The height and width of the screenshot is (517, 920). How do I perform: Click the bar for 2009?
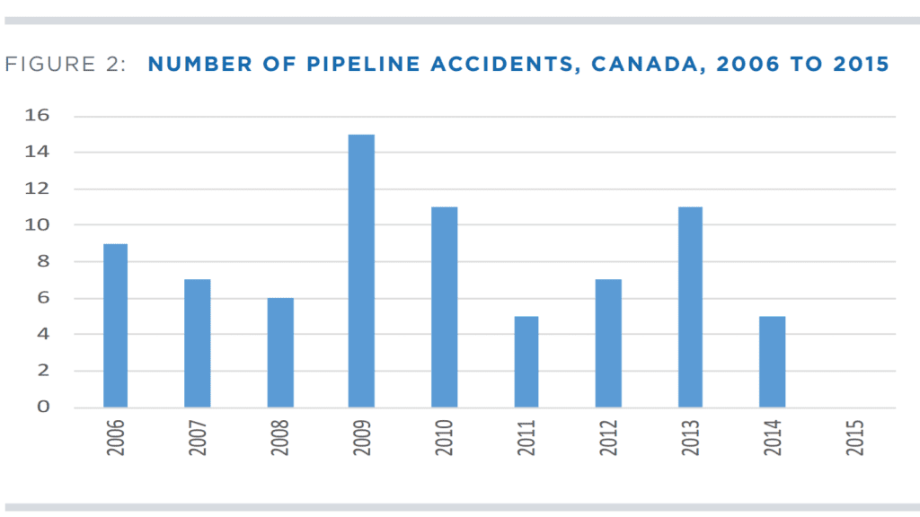tap(362, 270)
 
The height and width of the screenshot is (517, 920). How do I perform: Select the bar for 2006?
tap(115, 325)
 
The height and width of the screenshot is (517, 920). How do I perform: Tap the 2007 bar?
tap(198, 343)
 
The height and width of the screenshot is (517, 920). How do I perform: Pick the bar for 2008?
tap(280, 352)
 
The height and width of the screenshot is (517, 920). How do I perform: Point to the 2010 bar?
tap(445, 307)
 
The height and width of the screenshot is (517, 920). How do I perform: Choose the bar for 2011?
tap(526, 361)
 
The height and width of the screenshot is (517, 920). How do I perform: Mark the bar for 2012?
tap(608, 343)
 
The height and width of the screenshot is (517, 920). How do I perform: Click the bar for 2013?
tap(690, 307)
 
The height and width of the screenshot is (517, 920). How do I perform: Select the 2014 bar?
tap(772, 361)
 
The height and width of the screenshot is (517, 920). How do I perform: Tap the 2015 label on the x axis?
tap(854, 436)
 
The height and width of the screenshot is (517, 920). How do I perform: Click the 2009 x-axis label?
tap(362, 436)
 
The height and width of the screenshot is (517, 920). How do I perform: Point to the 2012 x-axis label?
tap(608, 436)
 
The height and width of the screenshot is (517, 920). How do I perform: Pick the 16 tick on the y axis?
tap(39, 116)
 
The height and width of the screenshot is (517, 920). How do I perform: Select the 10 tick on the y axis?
tap(39, 225)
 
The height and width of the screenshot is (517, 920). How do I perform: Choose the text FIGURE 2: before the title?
tap(66, 65)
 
